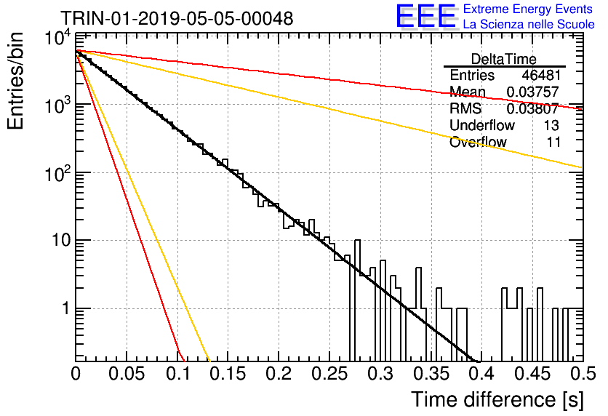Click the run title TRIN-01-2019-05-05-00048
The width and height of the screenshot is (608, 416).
coord(177,18)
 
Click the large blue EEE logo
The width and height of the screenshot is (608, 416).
coord(425,16)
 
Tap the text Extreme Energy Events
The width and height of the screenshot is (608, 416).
coord(528,9)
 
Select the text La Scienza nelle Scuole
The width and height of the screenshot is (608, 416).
coord(529,24)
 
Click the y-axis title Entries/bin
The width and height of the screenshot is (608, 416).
coord(16,81)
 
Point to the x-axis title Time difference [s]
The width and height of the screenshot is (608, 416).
coord(497,399)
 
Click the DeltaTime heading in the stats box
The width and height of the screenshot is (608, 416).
coord(504,59)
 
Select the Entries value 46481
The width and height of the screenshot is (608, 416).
coord(541,75)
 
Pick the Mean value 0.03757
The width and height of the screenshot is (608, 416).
coord(533,92)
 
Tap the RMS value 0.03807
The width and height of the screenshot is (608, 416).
coord(533,109)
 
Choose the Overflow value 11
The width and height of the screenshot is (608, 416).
coord(553,142)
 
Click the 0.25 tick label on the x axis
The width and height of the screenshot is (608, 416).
coord(330,374)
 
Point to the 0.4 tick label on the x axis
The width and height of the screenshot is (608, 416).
coord(482,374)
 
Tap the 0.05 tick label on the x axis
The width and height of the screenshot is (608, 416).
coord(127,374)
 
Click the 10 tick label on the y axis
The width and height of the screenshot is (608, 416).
coord(62,241)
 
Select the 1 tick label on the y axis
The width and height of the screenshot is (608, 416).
coord(66,308)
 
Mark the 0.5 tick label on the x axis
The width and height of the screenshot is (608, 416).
coord(583,374)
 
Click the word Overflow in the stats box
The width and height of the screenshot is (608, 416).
coord(478,142)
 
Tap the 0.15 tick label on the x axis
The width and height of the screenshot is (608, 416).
coord(228,374)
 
